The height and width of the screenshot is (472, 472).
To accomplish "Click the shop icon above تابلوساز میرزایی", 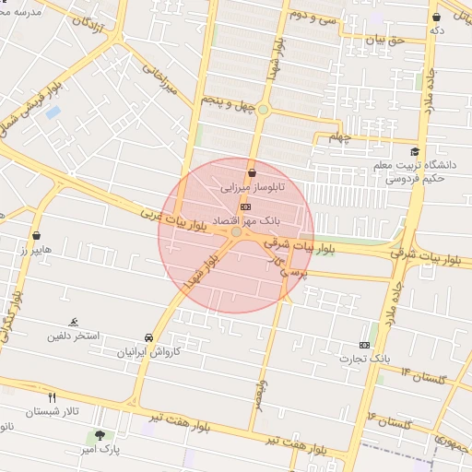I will tap(252, 173).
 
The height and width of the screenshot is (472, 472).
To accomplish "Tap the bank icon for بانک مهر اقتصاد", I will tap(243, 206).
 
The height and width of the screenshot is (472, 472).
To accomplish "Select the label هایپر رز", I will tap(37, 250).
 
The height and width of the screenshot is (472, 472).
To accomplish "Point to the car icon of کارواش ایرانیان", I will tap(149, 337).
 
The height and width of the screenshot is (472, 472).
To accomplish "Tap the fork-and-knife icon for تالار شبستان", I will tap(52, 396).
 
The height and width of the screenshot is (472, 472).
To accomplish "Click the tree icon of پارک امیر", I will tap(99, 435).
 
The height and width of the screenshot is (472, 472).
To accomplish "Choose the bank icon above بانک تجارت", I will tap(365, 345).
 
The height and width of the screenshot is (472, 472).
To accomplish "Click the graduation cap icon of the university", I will tap(416, 151).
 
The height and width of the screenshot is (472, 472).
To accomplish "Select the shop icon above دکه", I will tap(436, 17).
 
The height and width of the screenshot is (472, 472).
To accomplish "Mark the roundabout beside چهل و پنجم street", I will tap(264, 110).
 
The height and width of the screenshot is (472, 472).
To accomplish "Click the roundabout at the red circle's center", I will tap(237, 232).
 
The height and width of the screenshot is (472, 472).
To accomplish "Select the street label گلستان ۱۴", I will tap(423, 375).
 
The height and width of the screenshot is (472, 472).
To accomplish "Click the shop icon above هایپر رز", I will tap(36, 235).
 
